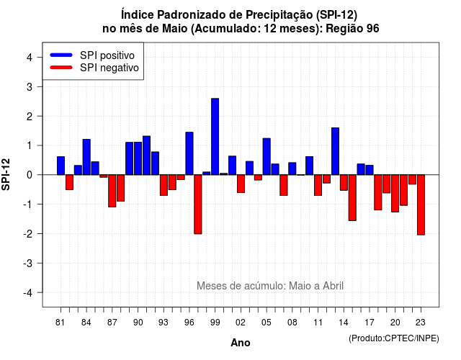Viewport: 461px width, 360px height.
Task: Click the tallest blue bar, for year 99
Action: coord(215,137)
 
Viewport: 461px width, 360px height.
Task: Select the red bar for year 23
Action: coord(421,204)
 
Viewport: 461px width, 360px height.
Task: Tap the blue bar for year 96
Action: coord(189,153)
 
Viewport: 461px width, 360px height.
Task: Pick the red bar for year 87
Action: coord(112,191)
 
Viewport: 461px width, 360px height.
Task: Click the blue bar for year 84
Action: coord(86,157)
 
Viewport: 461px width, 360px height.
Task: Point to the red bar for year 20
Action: coord(395,194)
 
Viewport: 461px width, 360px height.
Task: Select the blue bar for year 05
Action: coord(267,157)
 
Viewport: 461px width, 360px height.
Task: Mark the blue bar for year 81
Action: coord(61,166)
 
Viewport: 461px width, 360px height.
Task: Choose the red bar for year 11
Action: coord(318,185)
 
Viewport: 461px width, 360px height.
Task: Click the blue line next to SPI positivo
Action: coord(61,55)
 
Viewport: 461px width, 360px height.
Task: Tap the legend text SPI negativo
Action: coord(109,68)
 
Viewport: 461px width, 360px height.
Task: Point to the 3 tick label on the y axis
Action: coord(29,86)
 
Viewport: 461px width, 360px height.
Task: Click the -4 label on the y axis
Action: coord(28,293)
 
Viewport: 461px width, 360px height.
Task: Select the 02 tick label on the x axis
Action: coord(241,323)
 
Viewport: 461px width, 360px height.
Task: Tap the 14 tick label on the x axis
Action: coord(344,323)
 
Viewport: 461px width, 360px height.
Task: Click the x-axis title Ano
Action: coord(240,343)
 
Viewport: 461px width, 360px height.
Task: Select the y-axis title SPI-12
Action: coord(6,174)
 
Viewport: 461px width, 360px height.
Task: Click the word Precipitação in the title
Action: coord(279,14)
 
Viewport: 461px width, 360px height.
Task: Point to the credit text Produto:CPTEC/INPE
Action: coord(394,338)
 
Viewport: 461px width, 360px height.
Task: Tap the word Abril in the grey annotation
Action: coord(333,286)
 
